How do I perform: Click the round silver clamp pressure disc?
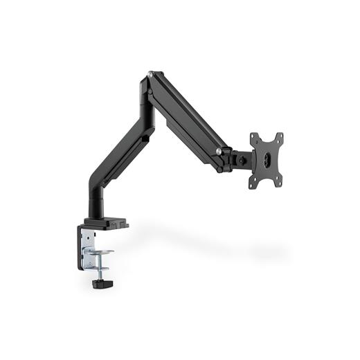pyautogui.click(x=103, y=252)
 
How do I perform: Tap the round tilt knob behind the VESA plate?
pyautogui.click(x=242, y=159)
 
